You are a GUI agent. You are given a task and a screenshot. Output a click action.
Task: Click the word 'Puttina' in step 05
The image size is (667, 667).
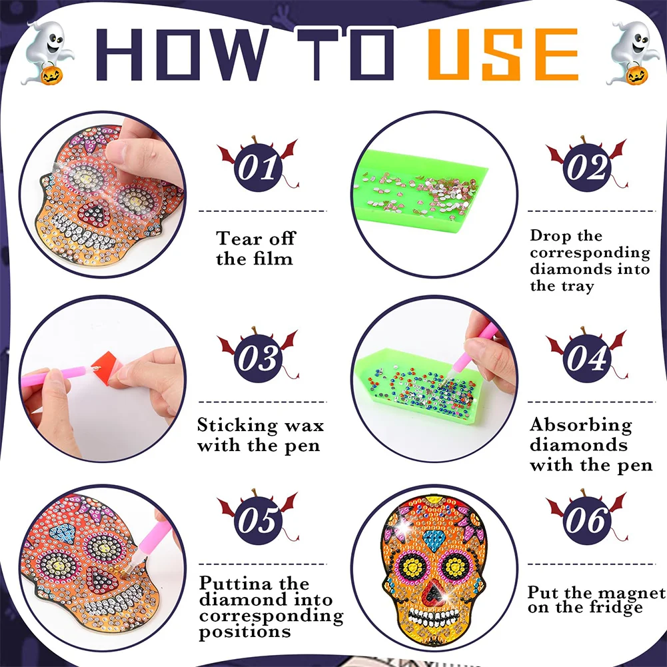[235, 584]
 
